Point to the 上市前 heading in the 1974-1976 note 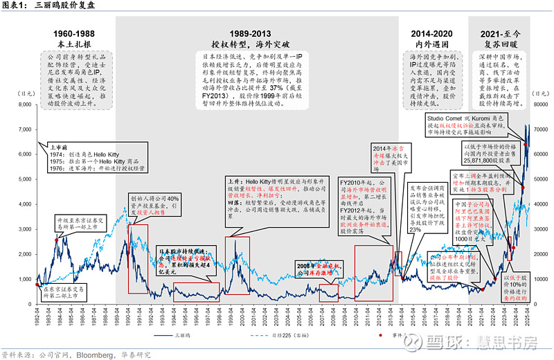[60, 147]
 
